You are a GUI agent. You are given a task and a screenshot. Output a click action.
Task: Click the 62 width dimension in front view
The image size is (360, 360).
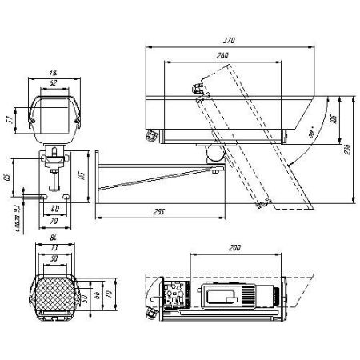(x=53, y=82)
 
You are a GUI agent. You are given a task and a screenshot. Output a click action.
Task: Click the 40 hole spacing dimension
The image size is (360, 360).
(x=54, y=210)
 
